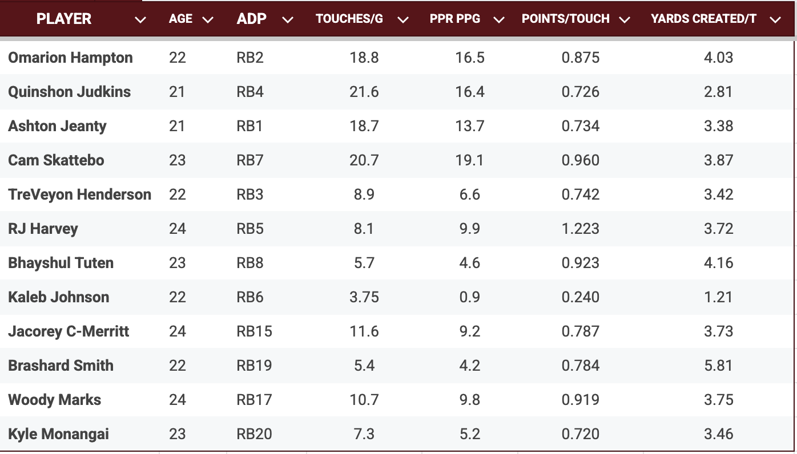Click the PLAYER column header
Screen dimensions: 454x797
click(63, 19)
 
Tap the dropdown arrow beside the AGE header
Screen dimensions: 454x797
click(208, 20)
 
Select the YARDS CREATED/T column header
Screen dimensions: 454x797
click(703, 19)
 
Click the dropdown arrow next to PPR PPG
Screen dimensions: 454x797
click(499, 20)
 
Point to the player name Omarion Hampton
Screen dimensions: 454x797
click(70, 58)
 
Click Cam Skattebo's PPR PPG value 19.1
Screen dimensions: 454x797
click(470, 160)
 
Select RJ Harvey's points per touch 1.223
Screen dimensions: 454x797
click(580, 229)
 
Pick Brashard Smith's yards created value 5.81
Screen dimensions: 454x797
click(718, 366)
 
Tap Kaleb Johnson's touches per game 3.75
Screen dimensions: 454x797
click(364, 297)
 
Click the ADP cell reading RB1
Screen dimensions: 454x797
click(250, 126)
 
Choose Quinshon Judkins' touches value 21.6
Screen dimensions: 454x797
click(364, 92)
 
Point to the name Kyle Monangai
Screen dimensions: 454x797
click(58, 434)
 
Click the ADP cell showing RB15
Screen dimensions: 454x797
click(254, 331)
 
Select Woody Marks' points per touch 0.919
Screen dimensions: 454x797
click(580, 400)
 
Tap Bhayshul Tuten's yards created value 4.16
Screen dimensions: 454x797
click(718, 263)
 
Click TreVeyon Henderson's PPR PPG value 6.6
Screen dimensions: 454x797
click(470, 194)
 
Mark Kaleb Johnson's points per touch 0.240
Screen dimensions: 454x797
click(580, 297)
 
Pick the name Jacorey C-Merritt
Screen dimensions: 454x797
click(69, 331)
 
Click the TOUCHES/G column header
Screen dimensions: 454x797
click(349, 19)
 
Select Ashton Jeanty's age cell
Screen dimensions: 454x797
click(177, 126)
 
